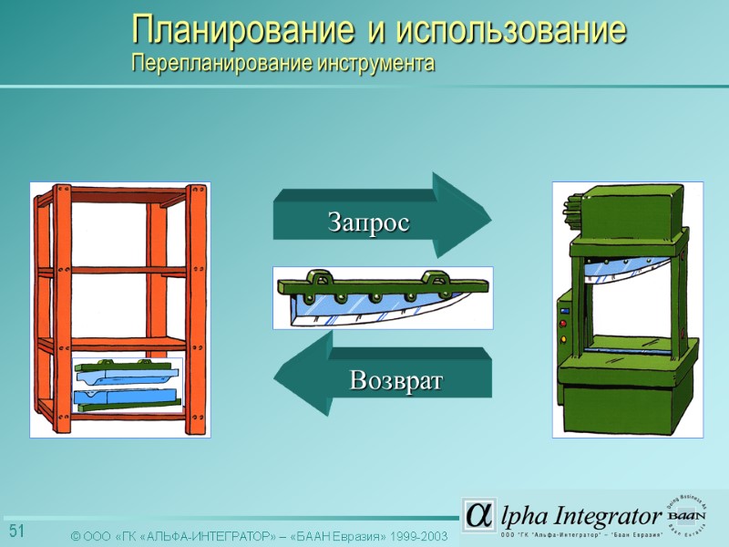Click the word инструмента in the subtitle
(375, 66)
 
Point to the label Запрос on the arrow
(368, 222)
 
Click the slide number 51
(16, 532)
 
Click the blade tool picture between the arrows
(383, 297)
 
